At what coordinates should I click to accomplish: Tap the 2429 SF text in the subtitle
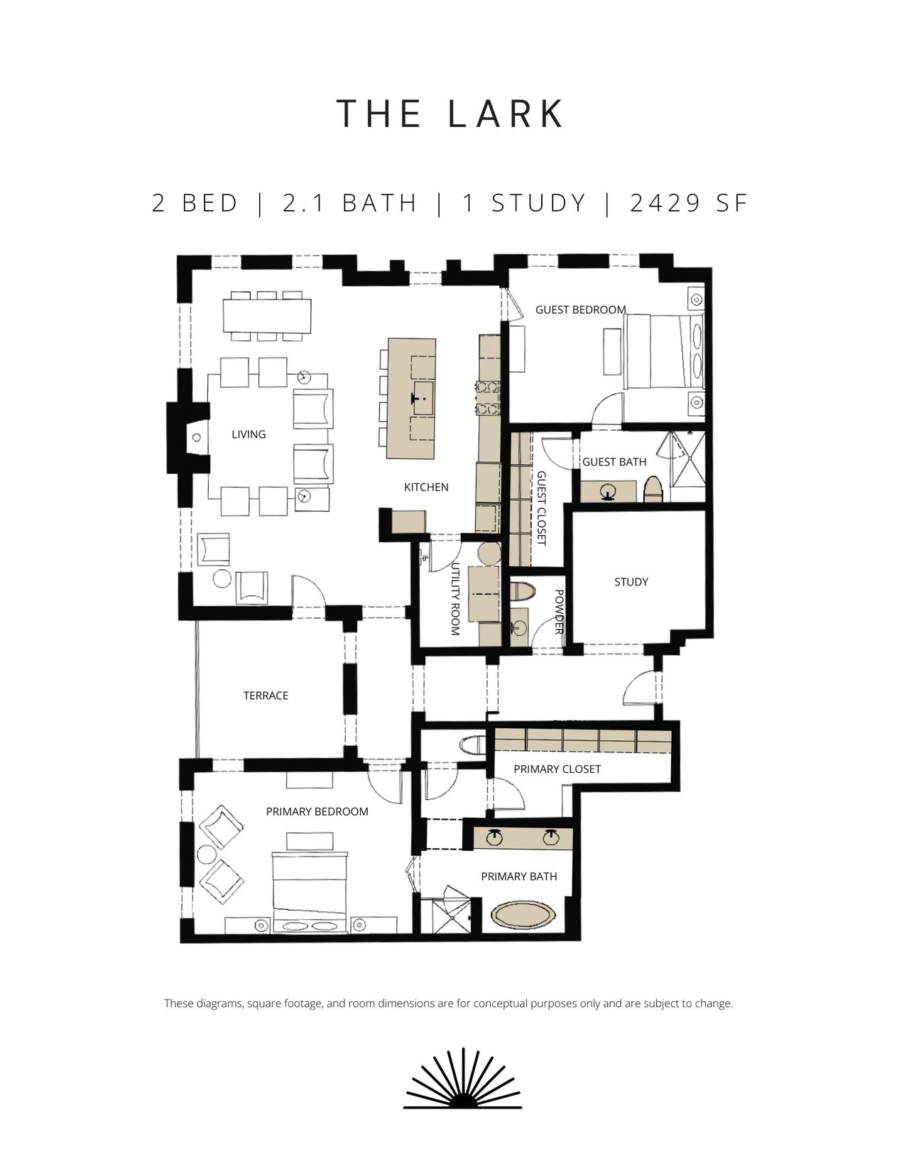(x=689, y=203)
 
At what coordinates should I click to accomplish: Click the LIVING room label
(x=249, y=434)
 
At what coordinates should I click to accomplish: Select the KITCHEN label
(x=426, y=487)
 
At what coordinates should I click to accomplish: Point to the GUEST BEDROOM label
(x=580, y=309)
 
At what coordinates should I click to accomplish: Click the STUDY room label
(x=631, y=582)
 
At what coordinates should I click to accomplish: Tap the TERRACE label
(x=266, y=696)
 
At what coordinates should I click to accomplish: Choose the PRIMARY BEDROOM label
(x=317, y=812)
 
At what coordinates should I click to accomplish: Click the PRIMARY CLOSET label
(x=557, y=769)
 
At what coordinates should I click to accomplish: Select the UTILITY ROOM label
(x=455, y=598)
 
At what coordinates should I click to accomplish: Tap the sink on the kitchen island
(x=423, y=398)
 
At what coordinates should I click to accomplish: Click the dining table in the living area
(x=267, y=316)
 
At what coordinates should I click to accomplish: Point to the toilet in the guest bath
(x=653, y=489)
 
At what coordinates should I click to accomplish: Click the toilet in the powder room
(x=523, y=591)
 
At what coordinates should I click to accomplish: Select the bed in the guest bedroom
(x=664, y=352)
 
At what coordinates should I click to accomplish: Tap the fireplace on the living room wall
(x=188, y=437)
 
